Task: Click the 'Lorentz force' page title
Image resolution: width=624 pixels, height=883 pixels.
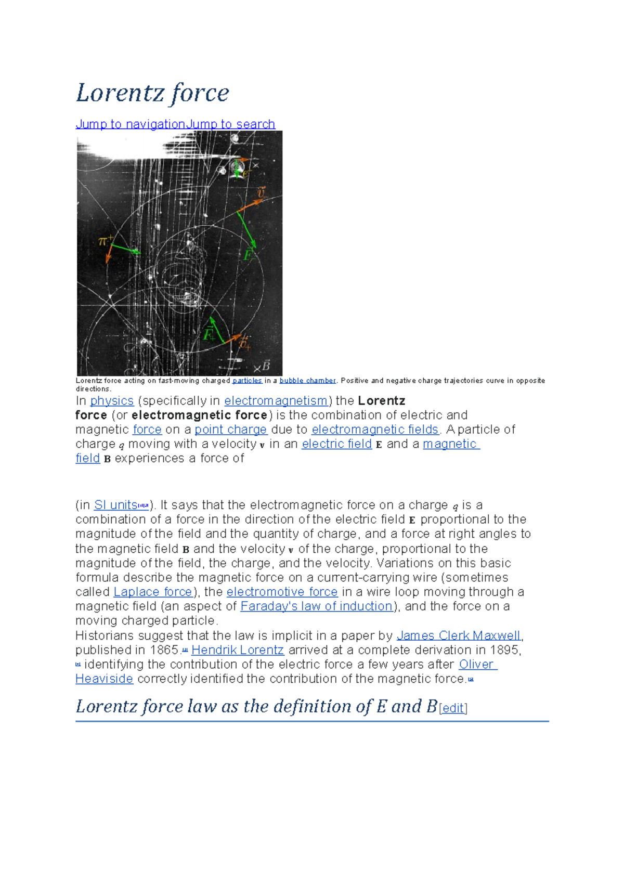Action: pyautogui.click(x=152, y=93)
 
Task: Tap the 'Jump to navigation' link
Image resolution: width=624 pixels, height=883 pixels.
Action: pyautogui.click(x=131, y=124)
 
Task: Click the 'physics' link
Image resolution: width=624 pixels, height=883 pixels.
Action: pyautogui.click(x=112, y=401)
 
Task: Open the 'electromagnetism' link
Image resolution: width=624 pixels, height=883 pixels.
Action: pyautogui.click(x=276, y=401)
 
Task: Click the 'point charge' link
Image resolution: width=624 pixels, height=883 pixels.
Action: pyautogui.click(x=230, y=430)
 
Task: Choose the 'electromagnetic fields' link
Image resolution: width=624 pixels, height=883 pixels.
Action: pyautogui.click(x=375, y=430)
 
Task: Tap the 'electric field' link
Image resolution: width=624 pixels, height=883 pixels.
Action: pyautogui.click(x=336, y=444)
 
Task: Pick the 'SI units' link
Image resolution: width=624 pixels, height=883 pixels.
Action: pyautogui.click(x=115, y=505)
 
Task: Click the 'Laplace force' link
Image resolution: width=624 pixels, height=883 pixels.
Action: pyautogui.click(x=153, y=592)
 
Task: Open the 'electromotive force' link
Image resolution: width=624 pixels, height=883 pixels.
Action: pyautogui.click(x=282, y=592)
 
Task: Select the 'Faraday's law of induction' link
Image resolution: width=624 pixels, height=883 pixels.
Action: pyautogui.click(x=316, y=606)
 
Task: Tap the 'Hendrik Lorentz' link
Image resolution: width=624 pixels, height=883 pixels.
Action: pyautogui.click(x=238, y=650)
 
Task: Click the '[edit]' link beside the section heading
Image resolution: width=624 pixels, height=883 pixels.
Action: pyautogui.click(x=453, y=708)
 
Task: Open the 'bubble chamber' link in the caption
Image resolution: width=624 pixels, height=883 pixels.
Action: pyautogui.click(x=307, y=381)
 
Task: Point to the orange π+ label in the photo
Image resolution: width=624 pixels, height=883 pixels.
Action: pyautogui.click(x=106, y=241)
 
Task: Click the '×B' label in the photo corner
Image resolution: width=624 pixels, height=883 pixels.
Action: pyautogui.click(x=262, y=367)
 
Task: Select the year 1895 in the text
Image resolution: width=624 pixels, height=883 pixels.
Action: pyautogui.click(x=504, y=650)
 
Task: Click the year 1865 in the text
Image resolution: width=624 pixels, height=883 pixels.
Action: pyautogui.click(x=164, y=650)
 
